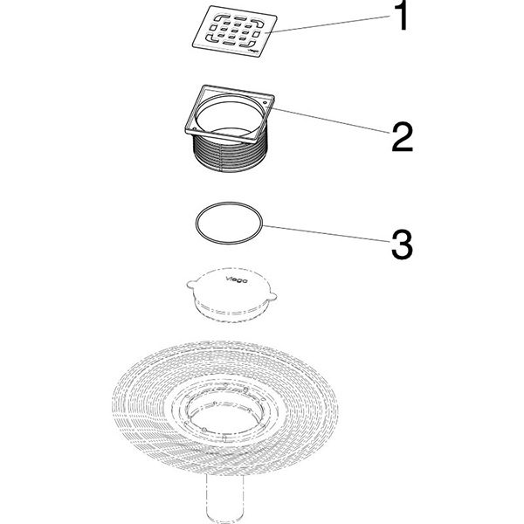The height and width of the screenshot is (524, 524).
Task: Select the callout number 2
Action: (x=403, y=137)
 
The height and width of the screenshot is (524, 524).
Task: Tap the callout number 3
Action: (x=403, y=244)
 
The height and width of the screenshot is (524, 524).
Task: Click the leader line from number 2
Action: (x=332, y=121)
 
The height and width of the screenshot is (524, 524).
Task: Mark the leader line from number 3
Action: (x=327, y=233)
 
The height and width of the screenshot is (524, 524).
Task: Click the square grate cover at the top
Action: (x=235, y=31)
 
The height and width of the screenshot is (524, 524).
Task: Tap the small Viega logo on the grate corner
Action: (x=254, y=51)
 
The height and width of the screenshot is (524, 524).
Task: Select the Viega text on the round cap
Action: (x=237, y=279)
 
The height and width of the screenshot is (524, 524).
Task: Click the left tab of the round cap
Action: (x=190, y=284)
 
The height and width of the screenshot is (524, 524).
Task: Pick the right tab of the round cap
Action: (x=272, y=296)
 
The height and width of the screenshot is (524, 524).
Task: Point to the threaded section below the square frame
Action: (x=231, y=154)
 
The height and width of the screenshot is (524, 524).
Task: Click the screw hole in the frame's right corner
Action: (x=265, y=102)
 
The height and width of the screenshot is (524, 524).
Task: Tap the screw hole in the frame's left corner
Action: (x=195, y=128)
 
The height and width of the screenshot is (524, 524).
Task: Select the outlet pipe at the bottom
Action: (x=224, y=497)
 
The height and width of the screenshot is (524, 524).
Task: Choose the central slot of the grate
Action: (x=235, y=31)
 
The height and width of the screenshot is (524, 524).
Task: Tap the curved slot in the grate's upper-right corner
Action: (x=258, y=23)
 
